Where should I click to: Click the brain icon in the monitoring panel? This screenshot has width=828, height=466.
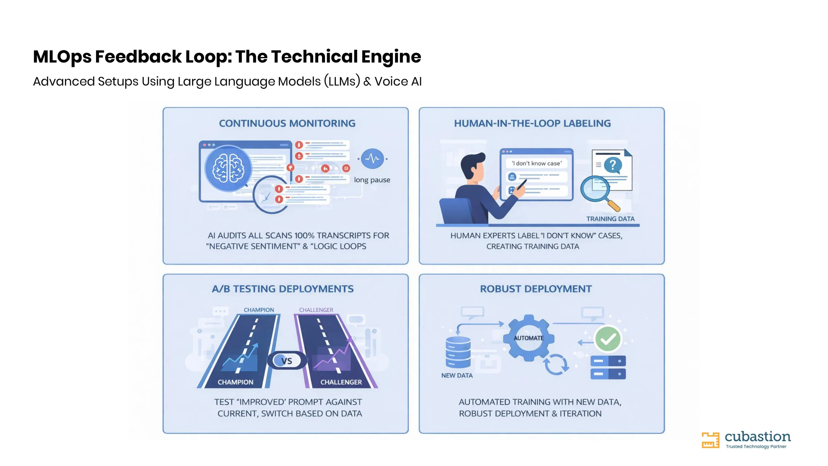pos(228,168)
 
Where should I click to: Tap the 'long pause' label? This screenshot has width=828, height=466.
pos(372,180)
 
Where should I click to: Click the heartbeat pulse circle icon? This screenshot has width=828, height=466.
pos(373,159)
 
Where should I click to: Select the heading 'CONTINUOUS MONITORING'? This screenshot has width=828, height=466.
pos(287,123)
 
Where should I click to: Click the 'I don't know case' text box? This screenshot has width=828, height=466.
pos(537,163)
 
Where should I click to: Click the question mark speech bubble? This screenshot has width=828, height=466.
pos(613,165)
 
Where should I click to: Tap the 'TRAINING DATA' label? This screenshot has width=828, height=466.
pos(611,219)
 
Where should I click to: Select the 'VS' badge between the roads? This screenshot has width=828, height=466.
pos(287,361)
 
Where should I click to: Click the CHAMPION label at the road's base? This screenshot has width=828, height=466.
pos(235,382)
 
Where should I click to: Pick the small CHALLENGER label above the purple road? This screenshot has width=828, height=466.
pos(316,310)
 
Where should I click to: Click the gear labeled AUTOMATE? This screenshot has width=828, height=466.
pos(529,338)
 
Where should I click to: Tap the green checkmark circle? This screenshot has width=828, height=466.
pos(608,339)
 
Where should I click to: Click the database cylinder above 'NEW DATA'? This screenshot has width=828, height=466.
pos(458,352)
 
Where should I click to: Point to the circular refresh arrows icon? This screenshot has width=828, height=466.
pos(556,364)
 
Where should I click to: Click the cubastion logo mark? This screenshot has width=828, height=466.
pos(710,440)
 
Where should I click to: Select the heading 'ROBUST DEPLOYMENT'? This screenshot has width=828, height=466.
pos(536,289)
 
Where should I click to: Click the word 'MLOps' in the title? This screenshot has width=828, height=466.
pos(62,57)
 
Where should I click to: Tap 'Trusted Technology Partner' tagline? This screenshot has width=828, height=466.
pos(756,447)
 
